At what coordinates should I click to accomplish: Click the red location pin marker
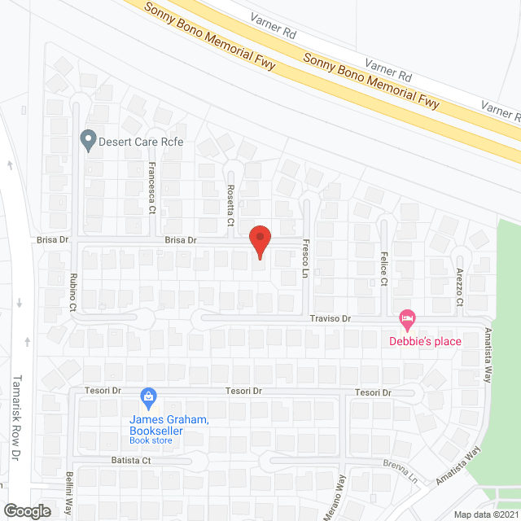click(259, 241)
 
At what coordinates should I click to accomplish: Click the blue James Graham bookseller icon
click(148, 397)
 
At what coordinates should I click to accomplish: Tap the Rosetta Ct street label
click(230, 204)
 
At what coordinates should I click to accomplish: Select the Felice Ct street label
click(383, 269)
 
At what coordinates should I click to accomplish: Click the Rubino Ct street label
click(73, 292)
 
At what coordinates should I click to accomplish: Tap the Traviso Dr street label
click(330, 320)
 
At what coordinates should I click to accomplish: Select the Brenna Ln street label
click(400, 470)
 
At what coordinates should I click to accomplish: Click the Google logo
click(27, 510)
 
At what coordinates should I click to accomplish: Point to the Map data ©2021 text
click(484, 514)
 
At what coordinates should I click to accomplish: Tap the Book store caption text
click(151, 441)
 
